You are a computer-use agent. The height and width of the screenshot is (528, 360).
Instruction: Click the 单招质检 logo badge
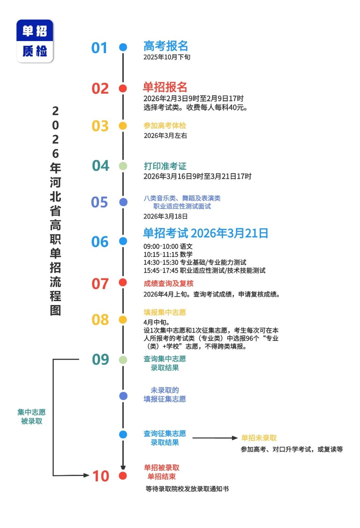click(x=35, y=41)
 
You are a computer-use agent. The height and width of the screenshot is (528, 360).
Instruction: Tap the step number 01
click(x=99, y=48)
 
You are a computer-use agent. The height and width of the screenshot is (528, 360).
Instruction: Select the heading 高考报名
click(x=166, y=46)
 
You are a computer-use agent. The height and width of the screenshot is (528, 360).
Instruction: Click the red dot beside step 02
click(x=123, y=88)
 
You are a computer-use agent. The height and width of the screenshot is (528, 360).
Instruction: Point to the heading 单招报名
click(x=165, y=87)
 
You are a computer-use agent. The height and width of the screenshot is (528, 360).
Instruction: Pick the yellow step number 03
click(x=100, y=126)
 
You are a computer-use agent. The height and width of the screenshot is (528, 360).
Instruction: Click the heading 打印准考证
click(x=165, y=166)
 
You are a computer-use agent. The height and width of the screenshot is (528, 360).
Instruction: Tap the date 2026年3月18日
click(x=165, y=217)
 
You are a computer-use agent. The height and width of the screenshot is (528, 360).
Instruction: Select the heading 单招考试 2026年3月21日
click(x=205, y=233)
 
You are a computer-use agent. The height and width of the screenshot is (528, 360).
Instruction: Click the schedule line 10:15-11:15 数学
click(x=168, y=255)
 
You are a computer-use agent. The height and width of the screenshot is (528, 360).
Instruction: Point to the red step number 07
click(x=100, y=284)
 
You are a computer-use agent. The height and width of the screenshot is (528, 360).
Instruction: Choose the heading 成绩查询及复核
click(x=168, y=283)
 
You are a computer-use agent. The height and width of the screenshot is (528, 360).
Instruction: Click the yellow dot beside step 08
click(x=123, y=320)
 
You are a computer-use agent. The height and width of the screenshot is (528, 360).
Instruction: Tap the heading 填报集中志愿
click(x=165, y=312)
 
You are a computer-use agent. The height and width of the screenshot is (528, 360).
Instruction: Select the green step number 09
click(x=100, y=359)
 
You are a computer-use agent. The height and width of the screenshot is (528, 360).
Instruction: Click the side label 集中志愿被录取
click(x=31, y=416)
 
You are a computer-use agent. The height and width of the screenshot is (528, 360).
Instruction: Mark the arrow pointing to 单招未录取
click(x=215, y=438)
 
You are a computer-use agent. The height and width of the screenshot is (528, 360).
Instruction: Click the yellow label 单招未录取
click(x=259, y=438)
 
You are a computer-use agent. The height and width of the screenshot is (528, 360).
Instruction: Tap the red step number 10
click(x=101, y=476)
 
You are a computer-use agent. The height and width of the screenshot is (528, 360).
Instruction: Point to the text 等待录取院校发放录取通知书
click(x=187, y=489)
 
